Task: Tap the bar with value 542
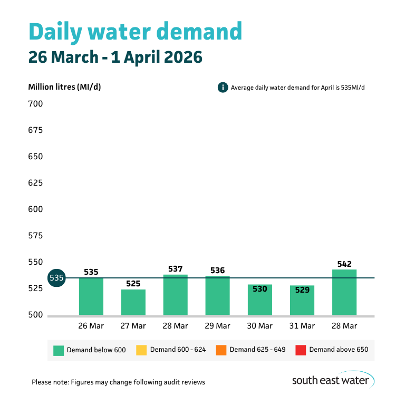click(344, 293)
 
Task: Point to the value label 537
click(176, 269)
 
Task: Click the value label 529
click(302, 290)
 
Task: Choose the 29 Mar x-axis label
click(217, 326)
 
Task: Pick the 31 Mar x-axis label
click(302, 326)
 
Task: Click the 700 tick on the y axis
click(35, 104)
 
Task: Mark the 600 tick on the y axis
click(35, 209)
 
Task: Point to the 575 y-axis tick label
click(35, 236)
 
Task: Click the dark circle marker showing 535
click(56, 278)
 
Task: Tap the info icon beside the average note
click(223, 88)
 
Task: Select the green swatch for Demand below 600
click(59, 350)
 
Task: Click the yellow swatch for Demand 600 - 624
click(141, 350)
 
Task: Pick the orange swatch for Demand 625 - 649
click(220, 350)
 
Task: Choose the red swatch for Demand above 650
click(300, 350)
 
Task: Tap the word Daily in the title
click(57, 32)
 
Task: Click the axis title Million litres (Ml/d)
click(64, 87)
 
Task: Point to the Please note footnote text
click(118, 382)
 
